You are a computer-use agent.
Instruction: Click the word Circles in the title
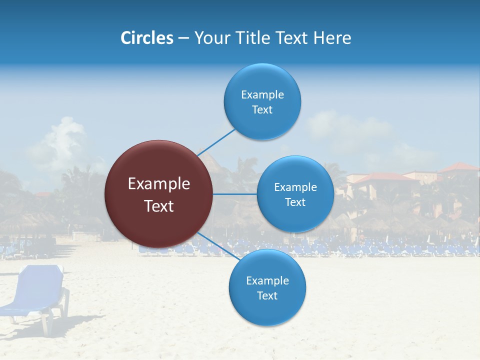click(147, 38)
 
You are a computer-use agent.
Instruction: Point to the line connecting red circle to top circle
click(216, 142)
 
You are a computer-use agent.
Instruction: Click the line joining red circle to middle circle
click(235, 194)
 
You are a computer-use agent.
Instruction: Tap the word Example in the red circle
click(159, 184)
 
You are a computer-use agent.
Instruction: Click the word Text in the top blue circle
click(262, 110)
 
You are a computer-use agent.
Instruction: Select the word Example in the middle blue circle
click(295, 187)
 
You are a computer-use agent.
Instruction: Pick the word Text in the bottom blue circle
click(267, 296)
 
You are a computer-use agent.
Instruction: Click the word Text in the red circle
click(159, 206)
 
